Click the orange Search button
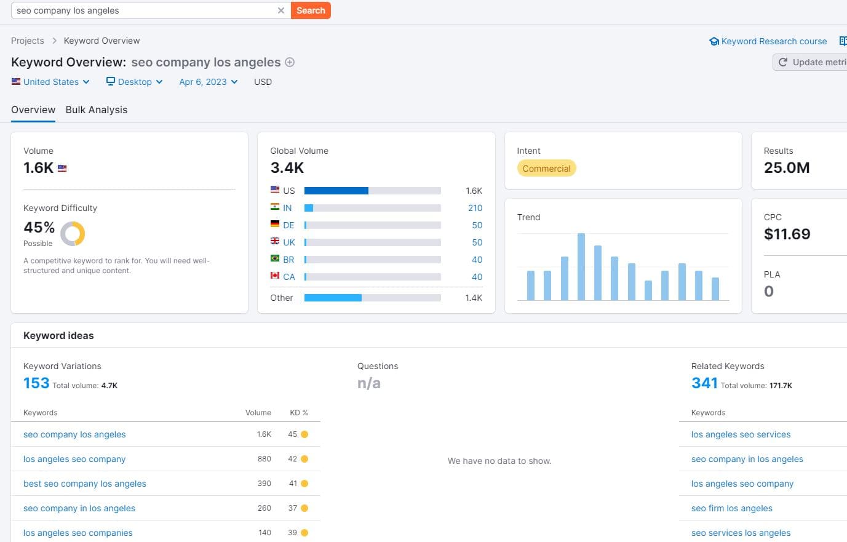tap(311, 10)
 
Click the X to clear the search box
tap(281, 10)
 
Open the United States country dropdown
tap(50, 82)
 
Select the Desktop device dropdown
tap(134, 82)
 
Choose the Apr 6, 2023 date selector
tap(208, 82)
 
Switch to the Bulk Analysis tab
tap(97, 110)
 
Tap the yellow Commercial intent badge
tap(546, 169)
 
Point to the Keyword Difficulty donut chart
tap(73, 234)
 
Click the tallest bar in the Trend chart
tap(581, 266)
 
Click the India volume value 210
tap(475, 208)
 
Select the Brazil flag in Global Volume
tap(275, 259)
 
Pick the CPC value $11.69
tap(787, 234)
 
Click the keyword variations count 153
tap(36, 383)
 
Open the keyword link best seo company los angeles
tap(85, 484)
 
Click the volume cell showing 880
tap(264, 459)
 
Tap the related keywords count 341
tap(704, 383)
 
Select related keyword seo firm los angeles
tap(731, 508)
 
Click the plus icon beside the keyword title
tap(290, 62)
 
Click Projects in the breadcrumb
tap(28, 41)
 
